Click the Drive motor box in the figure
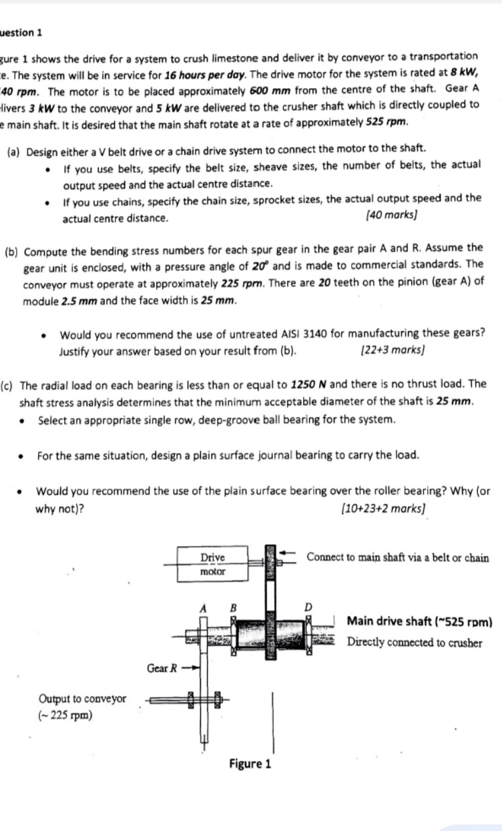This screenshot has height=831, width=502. coord(213,564)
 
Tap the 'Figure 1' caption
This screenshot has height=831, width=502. coord(250,764)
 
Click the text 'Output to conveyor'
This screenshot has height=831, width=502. coord(82,699)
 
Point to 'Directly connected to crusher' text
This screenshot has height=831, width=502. coord(415,643)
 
